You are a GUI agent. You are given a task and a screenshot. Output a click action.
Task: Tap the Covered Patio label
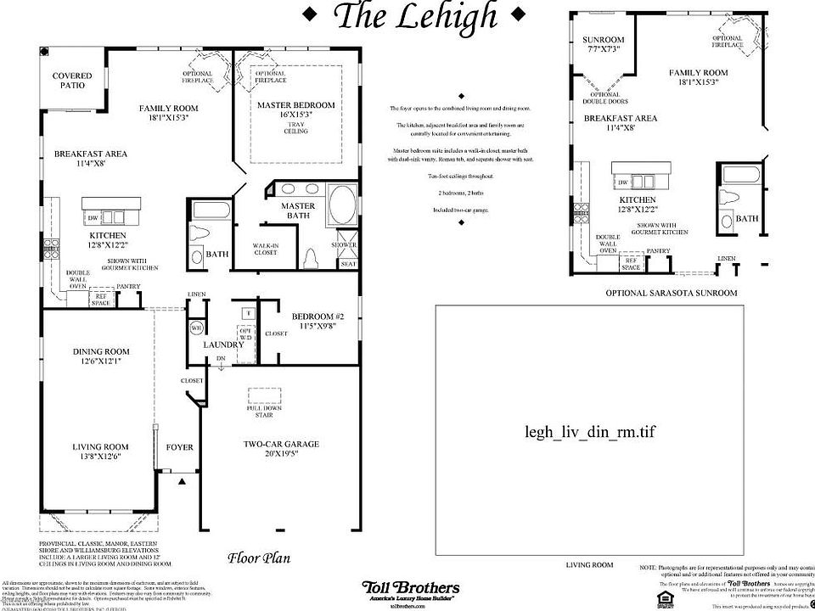tap(72, 81)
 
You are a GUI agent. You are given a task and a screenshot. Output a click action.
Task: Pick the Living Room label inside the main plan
tap(100, 452)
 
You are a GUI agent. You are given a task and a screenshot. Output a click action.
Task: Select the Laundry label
tap(223, 345)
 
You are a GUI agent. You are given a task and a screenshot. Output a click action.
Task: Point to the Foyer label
tap(179, 447)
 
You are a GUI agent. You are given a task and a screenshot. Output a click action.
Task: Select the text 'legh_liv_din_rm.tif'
tap(590, 431)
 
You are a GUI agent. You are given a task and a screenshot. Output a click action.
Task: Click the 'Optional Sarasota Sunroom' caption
tap(671, 293)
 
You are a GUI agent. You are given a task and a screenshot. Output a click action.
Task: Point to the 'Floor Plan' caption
tap(259, 558)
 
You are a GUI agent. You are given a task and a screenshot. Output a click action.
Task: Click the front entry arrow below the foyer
tap(182, 481)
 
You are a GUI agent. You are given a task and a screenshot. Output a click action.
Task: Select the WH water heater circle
tap(195, 328)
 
